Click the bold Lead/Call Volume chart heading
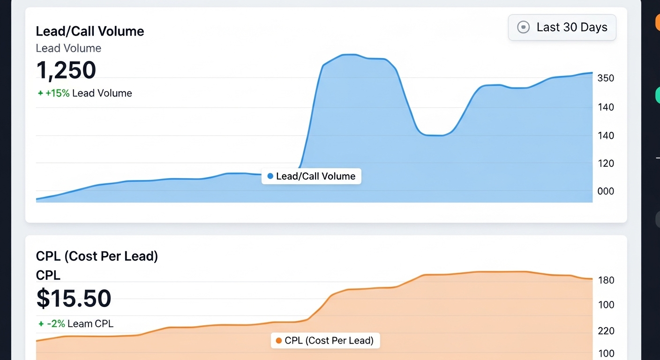(x=90, y=31)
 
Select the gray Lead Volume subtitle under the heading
(x=68, y=48)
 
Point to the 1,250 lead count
(x=66, y=70)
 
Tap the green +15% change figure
(x=57, y=93)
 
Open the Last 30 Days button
(x=562, y=27)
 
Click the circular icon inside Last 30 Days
(x=523, y=27)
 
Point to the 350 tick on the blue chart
(x=606, y=78)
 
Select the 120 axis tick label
(x=606, y=164)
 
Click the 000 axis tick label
(x=606, y=191)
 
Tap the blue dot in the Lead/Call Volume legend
(x=270, y=176)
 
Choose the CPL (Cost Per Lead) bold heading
(x=97, y=256)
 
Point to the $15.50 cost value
(x=74, y=299)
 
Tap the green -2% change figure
(x=56, y=323)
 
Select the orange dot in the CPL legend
(x=279, y=341)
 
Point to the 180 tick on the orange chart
(x=606, y=280)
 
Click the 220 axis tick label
(x=606, y=331)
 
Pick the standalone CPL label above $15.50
(x=48, y=275)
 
